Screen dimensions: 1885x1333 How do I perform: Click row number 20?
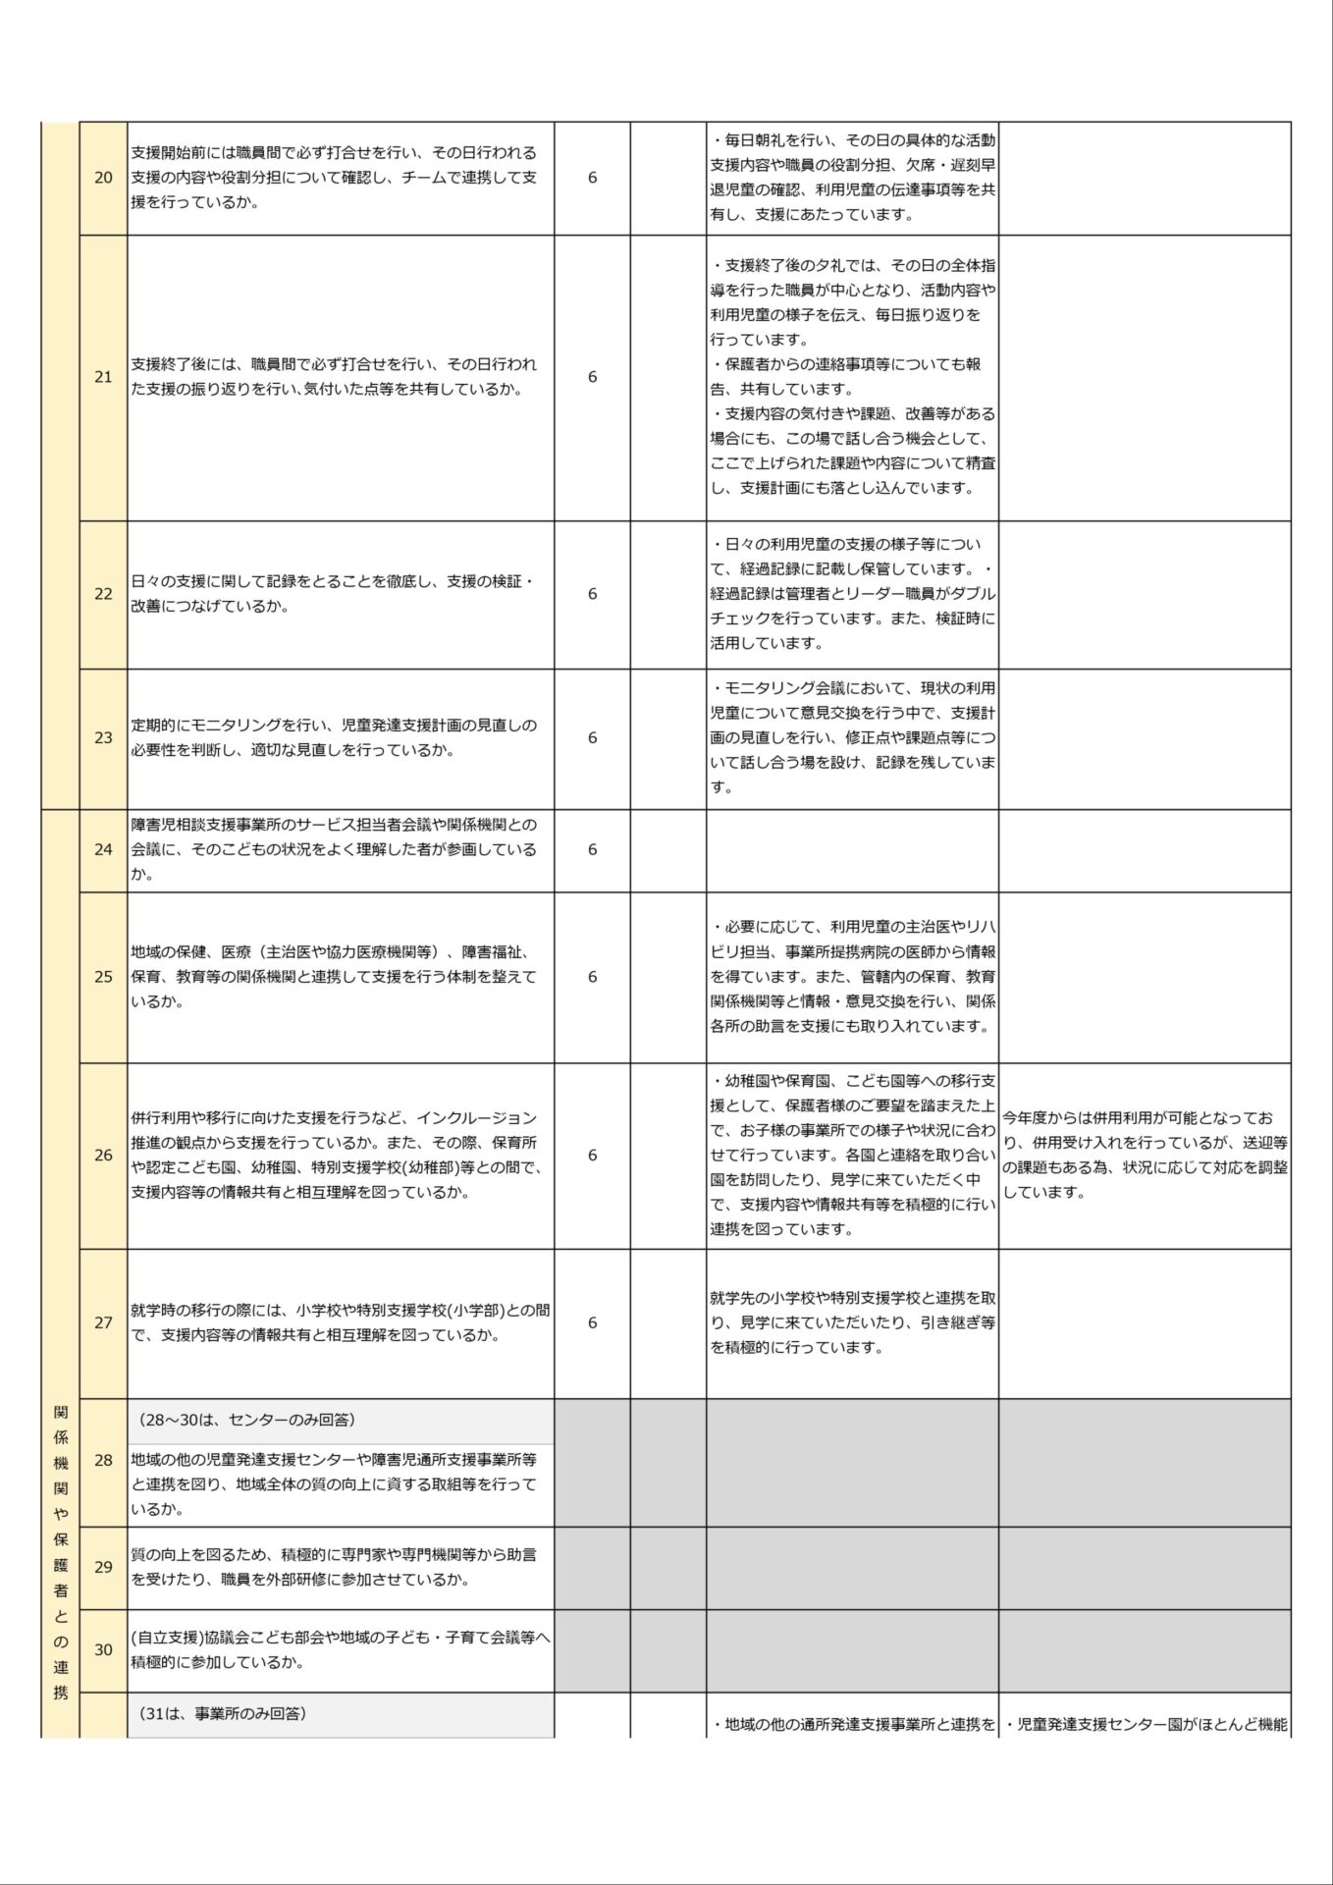pos(103,178)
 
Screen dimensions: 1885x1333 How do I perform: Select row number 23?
pos(103,737)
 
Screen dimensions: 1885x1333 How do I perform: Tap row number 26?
pos(103,1155)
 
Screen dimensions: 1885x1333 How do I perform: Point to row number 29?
pos(103,1567)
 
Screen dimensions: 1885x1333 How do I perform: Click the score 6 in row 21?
pos(592,377)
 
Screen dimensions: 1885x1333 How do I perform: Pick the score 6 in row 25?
pos(592,977)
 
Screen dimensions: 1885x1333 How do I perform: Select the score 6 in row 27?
pos(592,1322)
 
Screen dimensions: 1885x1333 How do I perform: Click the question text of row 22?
pos(334,594)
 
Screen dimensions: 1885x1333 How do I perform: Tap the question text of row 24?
pos(334,849)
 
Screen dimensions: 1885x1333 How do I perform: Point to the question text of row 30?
pos(340,1649)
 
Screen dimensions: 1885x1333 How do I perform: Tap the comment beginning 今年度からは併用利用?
pos(1145,1155)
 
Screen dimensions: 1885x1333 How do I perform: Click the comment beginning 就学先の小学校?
pos(852,1322)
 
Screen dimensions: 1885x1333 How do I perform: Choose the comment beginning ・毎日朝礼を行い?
pos(852,178)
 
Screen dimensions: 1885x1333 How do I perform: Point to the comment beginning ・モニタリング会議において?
pos(852,737)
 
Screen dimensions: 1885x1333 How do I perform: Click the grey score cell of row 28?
pos(592,1462)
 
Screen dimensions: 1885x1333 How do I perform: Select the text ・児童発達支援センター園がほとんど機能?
pos(1145,1724)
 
